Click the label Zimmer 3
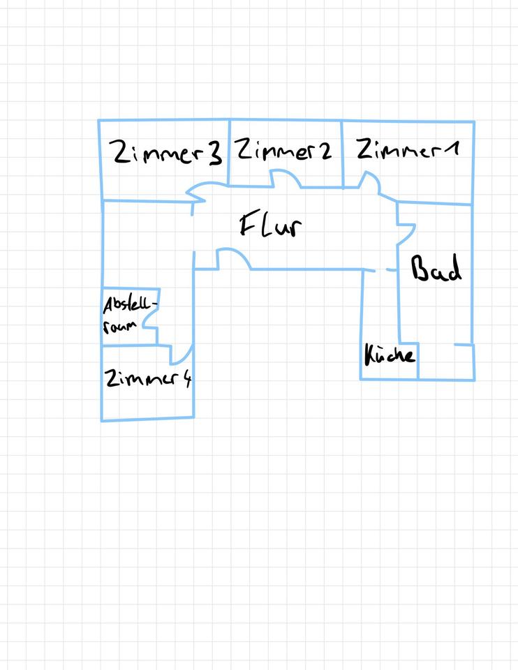168,153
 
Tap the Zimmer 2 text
283,150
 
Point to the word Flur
271,226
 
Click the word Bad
436,269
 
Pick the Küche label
390,355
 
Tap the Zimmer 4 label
148,379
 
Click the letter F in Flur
249,225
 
